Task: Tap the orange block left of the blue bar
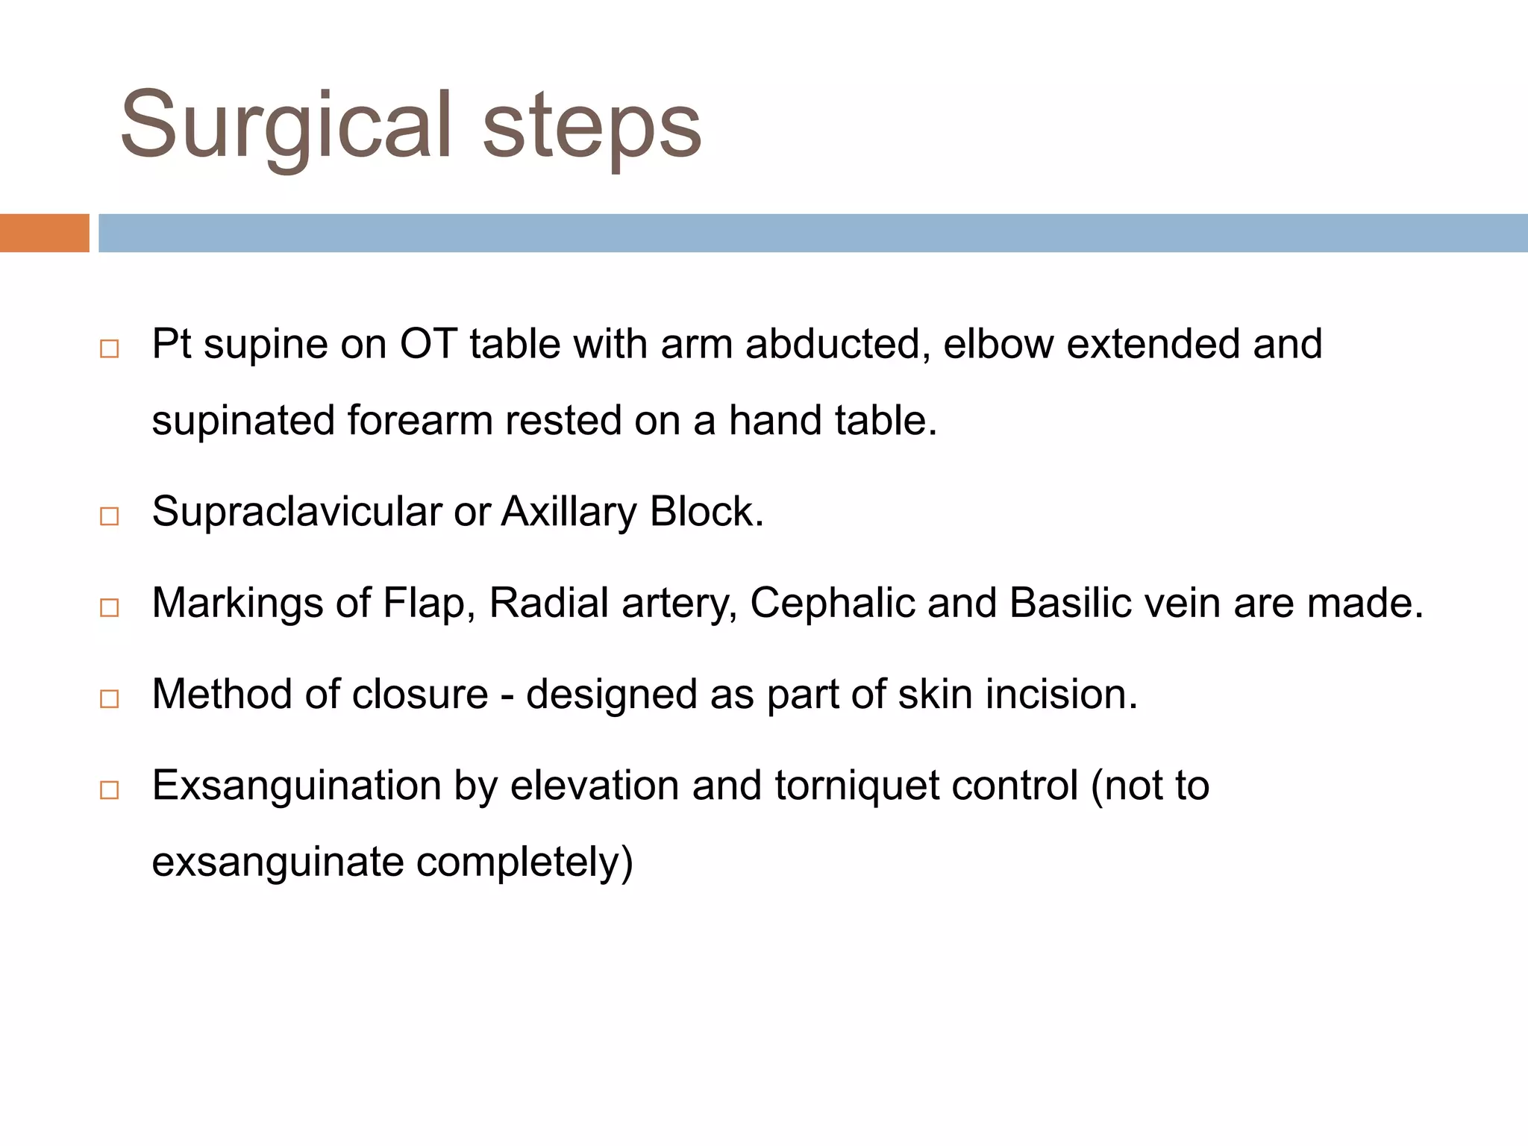(x=44, y=233)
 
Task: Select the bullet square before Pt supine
(x=110, y=349)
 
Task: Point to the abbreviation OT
(x=428, y=344)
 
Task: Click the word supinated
(x=242, y=420)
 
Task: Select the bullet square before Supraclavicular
(x=110, y=516)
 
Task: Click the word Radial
(x=548, y=603)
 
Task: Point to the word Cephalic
(x=831, y=603)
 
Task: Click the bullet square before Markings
(x=110, y=607)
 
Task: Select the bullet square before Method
(x=110, y=699)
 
